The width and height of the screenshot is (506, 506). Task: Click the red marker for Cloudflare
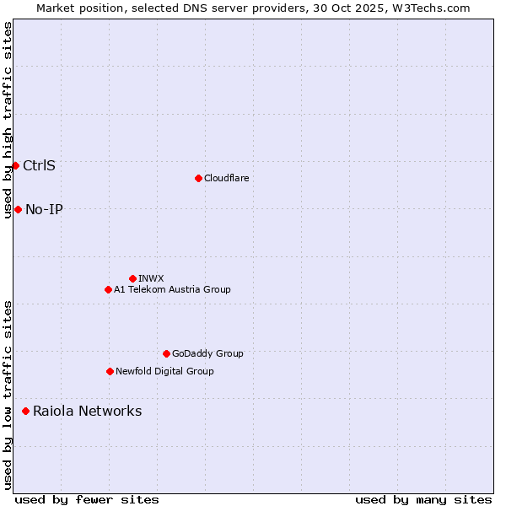click(x=198, y=178)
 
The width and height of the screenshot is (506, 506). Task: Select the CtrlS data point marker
click(x=15, y=165)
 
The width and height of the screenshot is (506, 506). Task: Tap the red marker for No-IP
click(x=18, y=209)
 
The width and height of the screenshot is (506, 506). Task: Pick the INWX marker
click(x=132, y=278)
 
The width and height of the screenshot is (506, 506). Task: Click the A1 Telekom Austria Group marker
click(x=108, y=289)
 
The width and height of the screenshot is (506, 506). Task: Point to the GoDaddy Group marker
click(x=166, y=353)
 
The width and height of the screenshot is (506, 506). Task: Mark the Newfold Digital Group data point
click(x=110, y=371)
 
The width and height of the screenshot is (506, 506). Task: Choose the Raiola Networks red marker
click(x=25, y=411)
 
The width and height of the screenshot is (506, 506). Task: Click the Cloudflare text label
click(x=226, y=178)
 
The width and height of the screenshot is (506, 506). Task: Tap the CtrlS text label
click(x=39, y=165)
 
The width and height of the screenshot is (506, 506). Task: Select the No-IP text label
click(x=44, y=209)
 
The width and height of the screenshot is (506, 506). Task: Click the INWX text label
click(x=151, y=278)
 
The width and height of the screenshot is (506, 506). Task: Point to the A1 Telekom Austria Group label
click(x=172, y=289)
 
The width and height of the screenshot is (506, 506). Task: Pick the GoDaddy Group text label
click(x=207, y=353)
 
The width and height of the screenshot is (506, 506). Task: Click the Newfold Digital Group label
click(x=164, y=371)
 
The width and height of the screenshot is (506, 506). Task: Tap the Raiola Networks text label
click(x=87, y=411)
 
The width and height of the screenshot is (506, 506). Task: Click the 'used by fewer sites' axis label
click(x=87, y=499)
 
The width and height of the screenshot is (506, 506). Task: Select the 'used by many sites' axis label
click(x=423, y=499)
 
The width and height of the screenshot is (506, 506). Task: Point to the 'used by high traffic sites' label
click(x=8, y=120)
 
